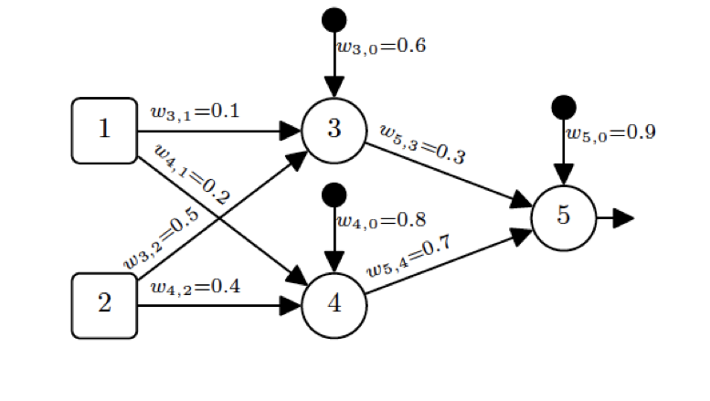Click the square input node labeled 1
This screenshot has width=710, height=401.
click(x=104, y=131)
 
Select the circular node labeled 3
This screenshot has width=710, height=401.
click(x=334, y=130)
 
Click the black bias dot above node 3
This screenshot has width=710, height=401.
click(x=334, y=18)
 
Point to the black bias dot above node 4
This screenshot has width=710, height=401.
click(x=334, y=195)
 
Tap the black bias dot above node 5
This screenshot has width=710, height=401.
click(x=564, y=108)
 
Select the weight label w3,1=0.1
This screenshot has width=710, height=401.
click(x=195, y=111)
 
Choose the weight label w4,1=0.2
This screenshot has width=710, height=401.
click(x=191, y=174)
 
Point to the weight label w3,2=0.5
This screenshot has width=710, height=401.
click(x=162, y=239)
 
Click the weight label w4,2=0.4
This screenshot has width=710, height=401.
click(x=195, y=287)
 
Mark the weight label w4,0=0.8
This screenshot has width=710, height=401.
click(x=381, y=220)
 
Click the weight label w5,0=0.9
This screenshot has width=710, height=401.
click(x=609, y=133)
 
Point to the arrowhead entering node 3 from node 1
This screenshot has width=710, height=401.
click(x=290, y=131)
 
